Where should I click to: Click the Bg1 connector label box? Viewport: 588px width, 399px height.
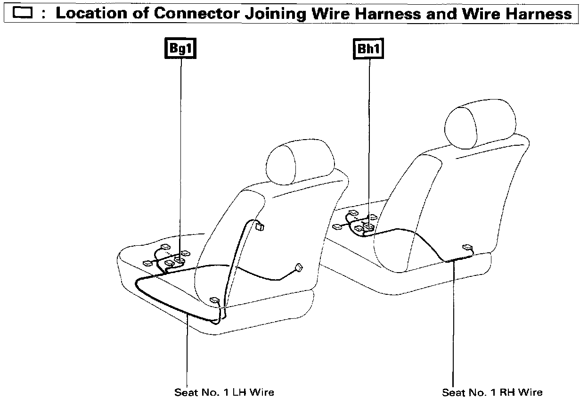pyautogui.click(x=181, y=49)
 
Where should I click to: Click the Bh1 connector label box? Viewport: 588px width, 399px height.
pyautogui.click(x=368, y=49)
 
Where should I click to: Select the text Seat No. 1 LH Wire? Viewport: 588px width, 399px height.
pyautogui.click(x=224, y=392)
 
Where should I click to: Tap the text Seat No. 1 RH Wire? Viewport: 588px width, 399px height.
pyautogui.click(x=492, y=392)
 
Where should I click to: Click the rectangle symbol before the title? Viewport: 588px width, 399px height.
pyautogui.click(x=24, y=14)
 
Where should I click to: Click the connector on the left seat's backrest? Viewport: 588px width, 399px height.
pyautogui.click(x=259, y=226)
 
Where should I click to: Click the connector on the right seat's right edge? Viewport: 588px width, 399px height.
pyautogui.click(x=467, y=247)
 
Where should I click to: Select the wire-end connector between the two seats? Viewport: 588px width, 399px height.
pyautogui.click(x=298, y=268)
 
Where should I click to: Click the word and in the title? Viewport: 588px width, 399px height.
pyautogui.click(x=442, y=13)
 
